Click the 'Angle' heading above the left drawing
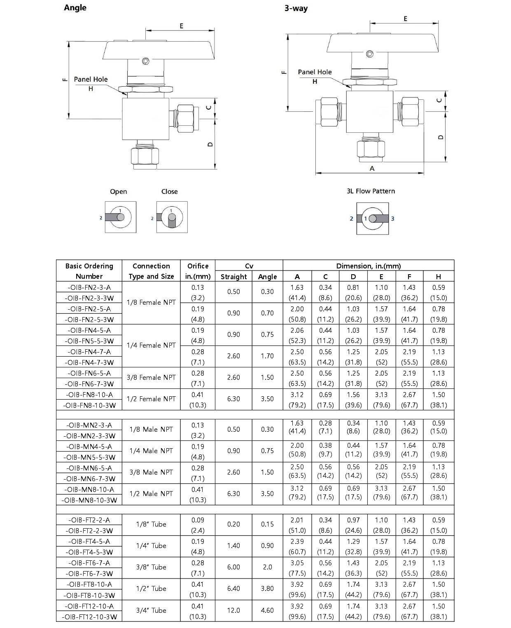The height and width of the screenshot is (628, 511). [75, 8]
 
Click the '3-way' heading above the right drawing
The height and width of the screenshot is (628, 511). [296, 8]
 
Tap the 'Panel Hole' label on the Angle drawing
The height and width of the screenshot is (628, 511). [91, 79]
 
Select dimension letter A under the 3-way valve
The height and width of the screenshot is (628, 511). [372, 168]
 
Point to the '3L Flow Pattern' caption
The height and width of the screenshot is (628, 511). [371, 191]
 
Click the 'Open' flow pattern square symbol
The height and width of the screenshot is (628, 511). [120, 217]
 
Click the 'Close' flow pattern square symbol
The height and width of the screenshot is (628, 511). [172, 217]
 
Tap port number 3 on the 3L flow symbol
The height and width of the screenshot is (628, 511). [392, 219]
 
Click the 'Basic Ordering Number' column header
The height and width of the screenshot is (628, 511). [89, 271]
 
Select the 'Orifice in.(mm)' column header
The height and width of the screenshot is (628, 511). [198, 271]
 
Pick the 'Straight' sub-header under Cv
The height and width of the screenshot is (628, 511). [233, 277]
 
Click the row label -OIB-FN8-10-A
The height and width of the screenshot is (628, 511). [89, 395]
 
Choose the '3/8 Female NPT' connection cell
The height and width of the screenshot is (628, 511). [151, 377]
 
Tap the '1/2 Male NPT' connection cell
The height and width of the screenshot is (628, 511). [151, 494]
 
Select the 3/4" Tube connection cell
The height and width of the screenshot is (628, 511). [151, 610]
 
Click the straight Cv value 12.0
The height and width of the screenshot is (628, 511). [233, 610]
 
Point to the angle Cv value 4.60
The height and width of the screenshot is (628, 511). [267, 610]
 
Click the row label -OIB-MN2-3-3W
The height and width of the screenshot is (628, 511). [89, 436]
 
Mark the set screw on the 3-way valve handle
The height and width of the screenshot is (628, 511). [370, 54]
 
